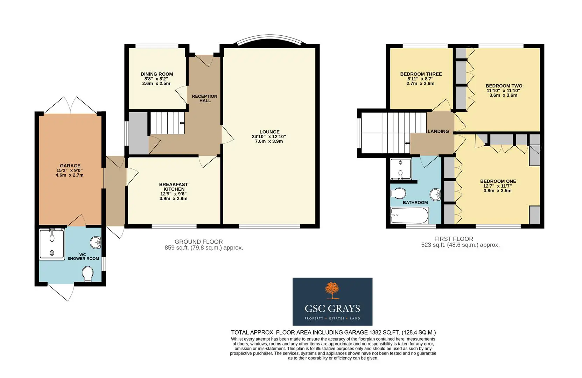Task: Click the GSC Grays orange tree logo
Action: pos(332,290)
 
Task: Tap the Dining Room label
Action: pos(157,74)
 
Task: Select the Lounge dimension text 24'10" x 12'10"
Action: pos(269,136)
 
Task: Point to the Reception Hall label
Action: pos(205,98)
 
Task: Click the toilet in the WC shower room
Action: pos(87,274)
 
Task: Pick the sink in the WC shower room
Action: pos(96,243)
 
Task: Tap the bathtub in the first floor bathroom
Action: pos(409,215)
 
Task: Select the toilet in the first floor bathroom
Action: pos(398,194)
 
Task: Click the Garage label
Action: pos(70,166)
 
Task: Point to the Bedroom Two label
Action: pos(504,86)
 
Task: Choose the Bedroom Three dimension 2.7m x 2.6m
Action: pos(420,84)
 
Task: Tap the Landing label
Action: pos(438,132)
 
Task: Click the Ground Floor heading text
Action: pos(198,241)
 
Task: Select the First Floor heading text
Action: pos(454,239)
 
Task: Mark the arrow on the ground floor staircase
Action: pos(182,123)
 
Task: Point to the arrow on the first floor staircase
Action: pos(407,143)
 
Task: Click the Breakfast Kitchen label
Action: pos(174,187)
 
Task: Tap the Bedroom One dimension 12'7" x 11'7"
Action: pos(497,186)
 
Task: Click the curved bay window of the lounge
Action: pos(270,40)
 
